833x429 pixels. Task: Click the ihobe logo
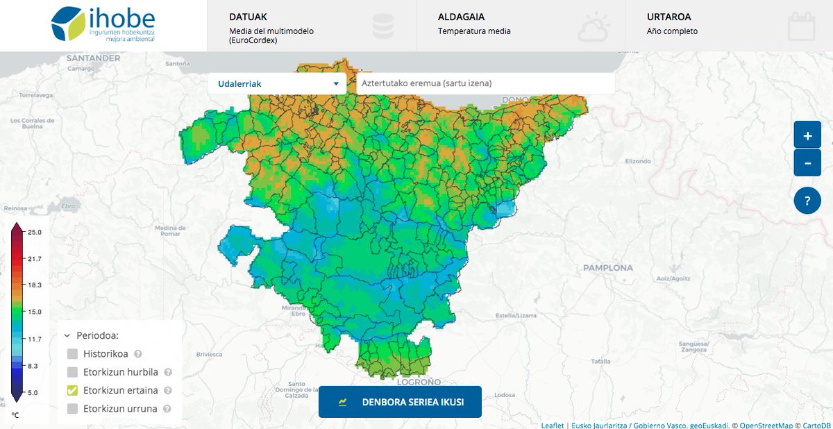point(103,24)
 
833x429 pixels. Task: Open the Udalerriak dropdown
point(278,84)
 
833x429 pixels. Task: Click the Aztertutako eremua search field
point(485,84)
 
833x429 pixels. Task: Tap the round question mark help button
point(807,202)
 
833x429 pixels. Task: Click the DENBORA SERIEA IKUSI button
point(400,402)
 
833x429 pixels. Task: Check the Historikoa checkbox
point(73,354)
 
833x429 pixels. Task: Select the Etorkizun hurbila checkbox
point(73,372)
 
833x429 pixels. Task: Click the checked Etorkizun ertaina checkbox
point(73,390)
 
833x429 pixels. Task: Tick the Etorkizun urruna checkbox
point(73,409)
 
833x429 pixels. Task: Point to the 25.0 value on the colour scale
point(35,232)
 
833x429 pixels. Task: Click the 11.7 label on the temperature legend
point(35,339)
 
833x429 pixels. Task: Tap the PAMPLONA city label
point(607,267)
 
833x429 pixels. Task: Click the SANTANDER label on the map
point(93,59)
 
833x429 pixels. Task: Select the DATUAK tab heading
point(248,17)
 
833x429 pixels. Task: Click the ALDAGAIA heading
point(461,17)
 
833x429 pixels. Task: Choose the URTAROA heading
point(668,17)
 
